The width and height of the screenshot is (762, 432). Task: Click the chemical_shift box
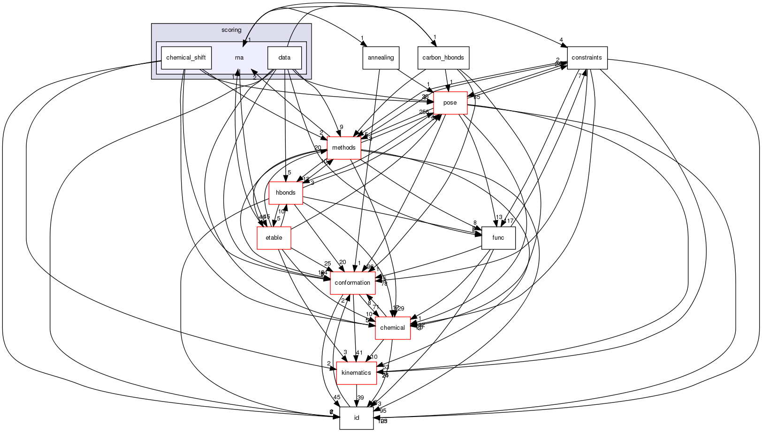[186, 58]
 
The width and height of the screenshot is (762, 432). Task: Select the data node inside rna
[284, 58]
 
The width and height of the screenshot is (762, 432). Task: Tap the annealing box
[381, 58]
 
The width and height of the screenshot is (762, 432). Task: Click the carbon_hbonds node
[443, 58]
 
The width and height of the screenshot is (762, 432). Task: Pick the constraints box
[587, 58]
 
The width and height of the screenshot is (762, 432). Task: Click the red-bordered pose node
[450, 103]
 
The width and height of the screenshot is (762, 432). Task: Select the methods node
[343, 148]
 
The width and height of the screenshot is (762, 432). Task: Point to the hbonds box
[285, 193]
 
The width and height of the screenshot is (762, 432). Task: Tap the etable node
[274, 238]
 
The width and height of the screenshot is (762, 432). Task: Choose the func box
[498, 238]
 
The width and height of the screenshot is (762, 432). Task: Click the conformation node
[352, 283]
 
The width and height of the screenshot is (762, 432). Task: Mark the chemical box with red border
[392, 328]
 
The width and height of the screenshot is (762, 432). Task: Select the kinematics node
[356, 373]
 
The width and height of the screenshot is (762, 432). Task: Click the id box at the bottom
[356, 418]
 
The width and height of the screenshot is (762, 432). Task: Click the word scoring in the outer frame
[231, 30]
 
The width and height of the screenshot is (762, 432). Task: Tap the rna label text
[239, 58]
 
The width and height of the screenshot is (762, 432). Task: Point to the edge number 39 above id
[360, 398]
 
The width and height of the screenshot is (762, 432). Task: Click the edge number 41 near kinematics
[359, 353]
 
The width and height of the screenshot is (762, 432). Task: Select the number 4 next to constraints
[561, 40]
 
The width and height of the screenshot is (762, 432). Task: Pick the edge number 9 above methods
[342, 127]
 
